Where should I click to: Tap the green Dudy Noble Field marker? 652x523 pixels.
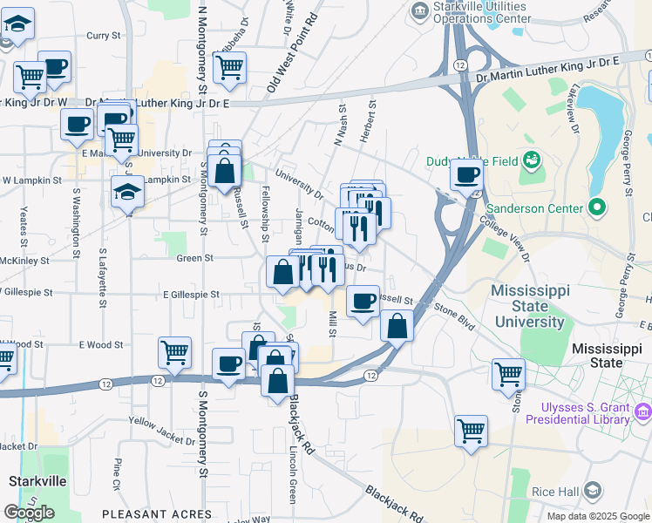(531, 160)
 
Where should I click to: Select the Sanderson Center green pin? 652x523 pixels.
(596, 208)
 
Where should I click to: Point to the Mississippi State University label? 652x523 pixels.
(529, 306)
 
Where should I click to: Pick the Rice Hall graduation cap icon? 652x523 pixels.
(593, 491)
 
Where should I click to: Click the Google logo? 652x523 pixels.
(29, 513)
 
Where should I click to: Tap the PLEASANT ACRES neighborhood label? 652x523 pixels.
(156, 514)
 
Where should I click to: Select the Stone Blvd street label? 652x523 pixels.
(454, 316)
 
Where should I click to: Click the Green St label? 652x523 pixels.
(195, 258)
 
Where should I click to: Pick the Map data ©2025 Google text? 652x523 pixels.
(597, 516)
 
